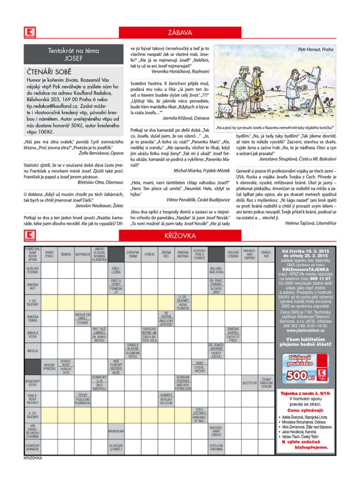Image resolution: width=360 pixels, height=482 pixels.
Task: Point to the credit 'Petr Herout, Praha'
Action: click(316, 49)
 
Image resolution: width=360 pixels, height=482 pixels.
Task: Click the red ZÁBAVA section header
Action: click(180, 33)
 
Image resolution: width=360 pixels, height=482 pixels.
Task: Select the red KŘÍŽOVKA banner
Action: click(180, 236)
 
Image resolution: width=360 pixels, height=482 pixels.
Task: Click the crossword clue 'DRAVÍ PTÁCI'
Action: click(49, 254)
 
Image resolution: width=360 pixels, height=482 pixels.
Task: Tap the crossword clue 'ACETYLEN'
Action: click(250, 383)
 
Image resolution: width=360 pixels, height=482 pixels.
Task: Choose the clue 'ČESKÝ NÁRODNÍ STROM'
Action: click(266, 383)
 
